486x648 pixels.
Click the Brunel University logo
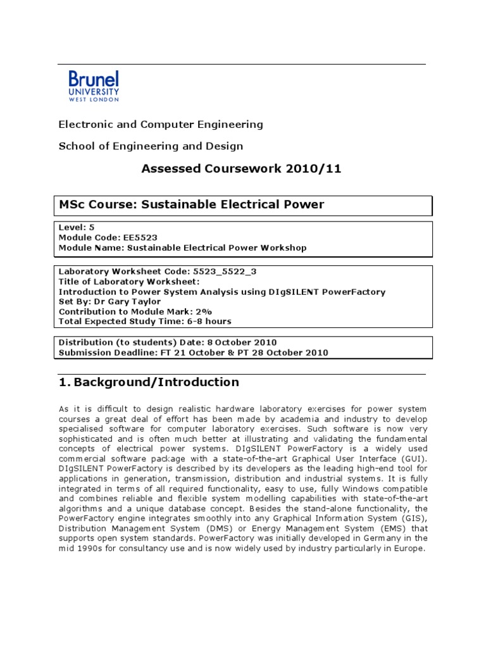tap(94, 86)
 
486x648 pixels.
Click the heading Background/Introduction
tap(156, 382)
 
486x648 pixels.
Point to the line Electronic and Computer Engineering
tap(161, 125)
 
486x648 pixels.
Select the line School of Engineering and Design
tap(151, 146)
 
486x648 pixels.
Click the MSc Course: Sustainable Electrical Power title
tap(191, 204)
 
